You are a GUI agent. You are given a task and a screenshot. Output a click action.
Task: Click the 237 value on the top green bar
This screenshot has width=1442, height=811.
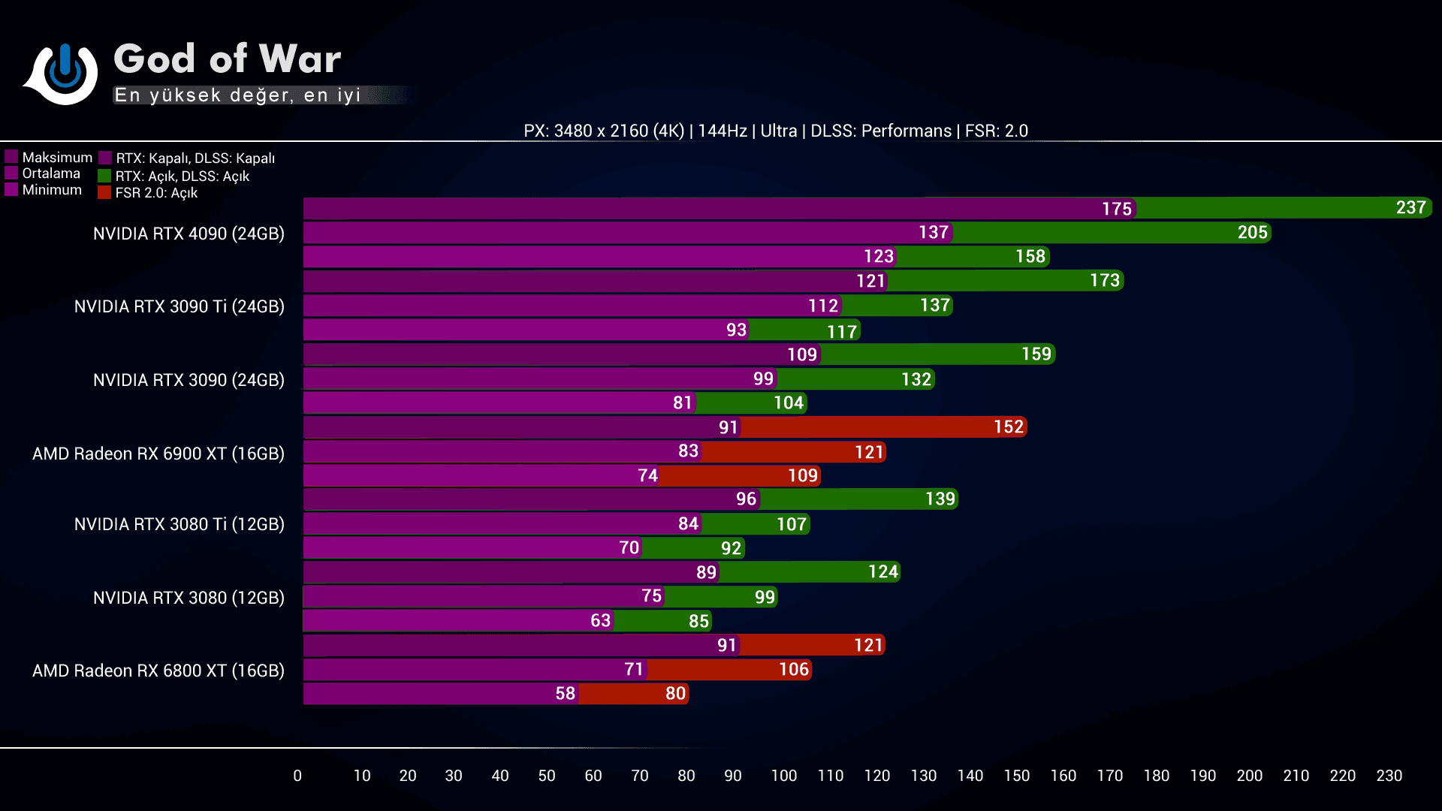1410,208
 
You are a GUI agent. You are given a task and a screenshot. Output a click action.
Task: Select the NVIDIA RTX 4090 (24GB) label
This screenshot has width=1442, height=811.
189,234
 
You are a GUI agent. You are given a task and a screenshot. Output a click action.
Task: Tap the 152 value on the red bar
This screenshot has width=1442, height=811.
1008,427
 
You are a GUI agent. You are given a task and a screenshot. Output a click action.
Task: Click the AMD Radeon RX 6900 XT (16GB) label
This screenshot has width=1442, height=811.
158,454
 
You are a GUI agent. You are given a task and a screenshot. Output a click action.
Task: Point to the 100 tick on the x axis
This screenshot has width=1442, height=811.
783,776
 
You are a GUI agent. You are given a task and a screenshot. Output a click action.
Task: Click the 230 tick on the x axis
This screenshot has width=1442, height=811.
1389,776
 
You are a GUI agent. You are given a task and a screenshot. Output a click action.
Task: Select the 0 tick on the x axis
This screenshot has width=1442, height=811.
297,776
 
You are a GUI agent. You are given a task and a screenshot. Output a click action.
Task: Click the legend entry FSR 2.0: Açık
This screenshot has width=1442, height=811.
156,193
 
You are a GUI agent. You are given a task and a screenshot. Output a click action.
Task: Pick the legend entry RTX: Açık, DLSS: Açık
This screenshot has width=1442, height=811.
182,176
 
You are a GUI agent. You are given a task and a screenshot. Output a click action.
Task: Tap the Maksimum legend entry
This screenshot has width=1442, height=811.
57,158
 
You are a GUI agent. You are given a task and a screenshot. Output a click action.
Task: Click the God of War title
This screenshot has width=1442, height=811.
227,59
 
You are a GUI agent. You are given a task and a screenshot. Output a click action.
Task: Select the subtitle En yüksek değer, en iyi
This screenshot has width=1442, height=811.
237,95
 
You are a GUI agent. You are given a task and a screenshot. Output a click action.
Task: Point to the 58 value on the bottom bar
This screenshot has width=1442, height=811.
565,694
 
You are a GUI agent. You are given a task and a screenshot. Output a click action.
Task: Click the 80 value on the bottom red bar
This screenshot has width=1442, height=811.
675,694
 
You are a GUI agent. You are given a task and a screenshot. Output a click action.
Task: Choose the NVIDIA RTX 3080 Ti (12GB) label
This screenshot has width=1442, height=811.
179,524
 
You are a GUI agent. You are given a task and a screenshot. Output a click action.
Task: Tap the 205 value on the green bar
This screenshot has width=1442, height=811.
1252,233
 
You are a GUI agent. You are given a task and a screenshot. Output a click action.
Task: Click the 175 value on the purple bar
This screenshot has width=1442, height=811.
1116,209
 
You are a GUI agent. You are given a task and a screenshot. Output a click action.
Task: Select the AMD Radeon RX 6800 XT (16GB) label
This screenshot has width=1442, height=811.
158,671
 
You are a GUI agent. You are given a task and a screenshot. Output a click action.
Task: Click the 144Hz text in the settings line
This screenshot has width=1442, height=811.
722,131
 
